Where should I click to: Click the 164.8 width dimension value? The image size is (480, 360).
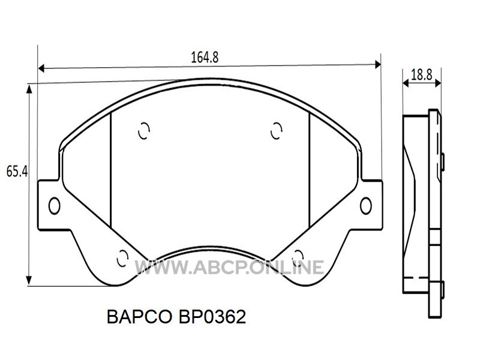pos(205,58)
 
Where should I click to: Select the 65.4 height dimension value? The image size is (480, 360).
pos(17,171)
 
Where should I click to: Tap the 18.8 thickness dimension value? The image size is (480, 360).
pos(422,74)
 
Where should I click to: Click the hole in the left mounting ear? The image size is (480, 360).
pos(54,205)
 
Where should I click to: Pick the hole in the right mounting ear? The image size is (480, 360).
pos(366,205)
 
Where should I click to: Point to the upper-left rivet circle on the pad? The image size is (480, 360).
pos(143,131)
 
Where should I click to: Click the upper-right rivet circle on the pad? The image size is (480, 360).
pos(277,131)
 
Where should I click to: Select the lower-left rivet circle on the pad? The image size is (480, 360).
pos(123,258)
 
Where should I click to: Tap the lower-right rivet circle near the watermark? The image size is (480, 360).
pos(298,257)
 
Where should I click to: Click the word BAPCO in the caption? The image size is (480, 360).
pos(139,317)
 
